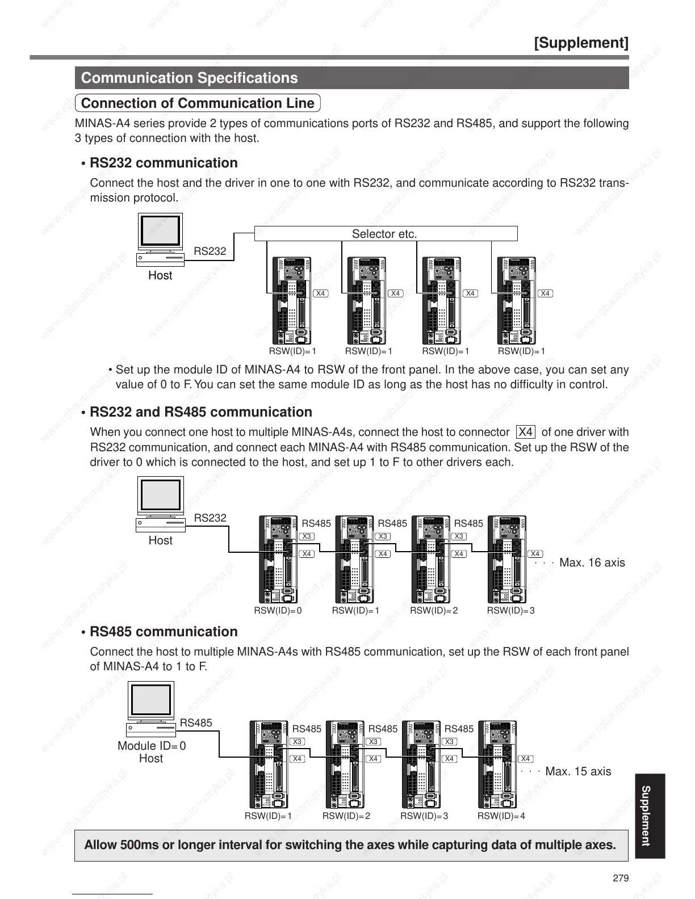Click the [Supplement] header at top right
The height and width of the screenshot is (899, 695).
click(x=581, y=43)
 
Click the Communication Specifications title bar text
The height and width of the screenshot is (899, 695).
click(x=189, y=78)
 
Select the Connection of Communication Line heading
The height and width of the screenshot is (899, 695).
click(x=198, y=103)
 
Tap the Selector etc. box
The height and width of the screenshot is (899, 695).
click(x=385, y=234)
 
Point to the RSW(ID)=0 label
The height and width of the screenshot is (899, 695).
click(x=278, y=611)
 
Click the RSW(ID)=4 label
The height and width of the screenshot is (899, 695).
click(x=501, y=816)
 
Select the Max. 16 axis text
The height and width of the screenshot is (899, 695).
click(x=592, y=562)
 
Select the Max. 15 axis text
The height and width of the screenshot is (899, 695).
click(x=578, y=771)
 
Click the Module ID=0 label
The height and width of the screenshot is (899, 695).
click(x=152, y=746)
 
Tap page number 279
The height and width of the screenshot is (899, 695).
click(x=621, y=878)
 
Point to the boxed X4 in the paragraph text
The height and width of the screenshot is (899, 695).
click(x=526, y=432)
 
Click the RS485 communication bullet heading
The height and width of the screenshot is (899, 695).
click(x=164, y=632)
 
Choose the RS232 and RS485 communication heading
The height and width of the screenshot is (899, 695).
click(x=201, y=412)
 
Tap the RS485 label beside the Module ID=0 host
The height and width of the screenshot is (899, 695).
click(x=196, y=723)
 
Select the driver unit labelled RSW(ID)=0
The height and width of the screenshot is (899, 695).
click(x=278, y=560)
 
